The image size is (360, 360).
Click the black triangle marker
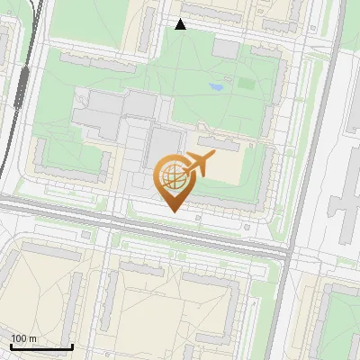(x=180, y=24)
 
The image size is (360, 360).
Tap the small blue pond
(x=217, y=87)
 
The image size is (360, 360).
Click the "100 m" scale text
(x=23, y=338)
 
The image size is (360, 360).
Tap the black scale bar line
(x=41, y=346)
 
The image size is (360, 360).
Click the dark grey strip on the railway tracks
(x=21, y=85)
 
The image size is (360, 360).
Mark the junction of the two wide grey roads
(x=286, y=255)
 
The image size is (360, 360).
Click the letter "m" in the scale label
(x=32, y=338)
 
